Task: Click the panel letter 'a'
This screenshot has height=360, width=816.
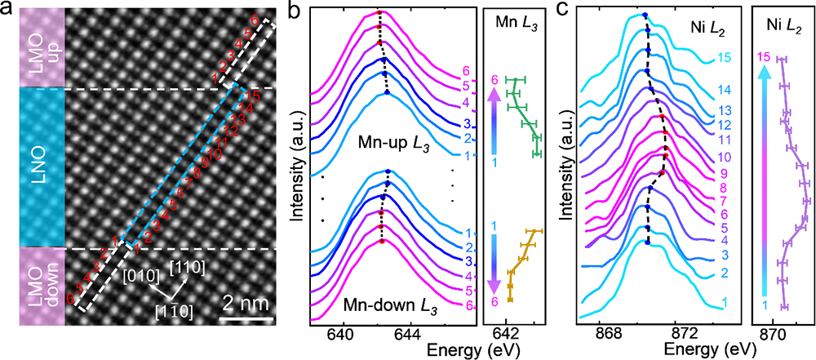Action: coord(7,11)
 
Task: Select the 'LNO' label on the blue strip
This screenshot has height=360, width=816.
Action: coord(32,168)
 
